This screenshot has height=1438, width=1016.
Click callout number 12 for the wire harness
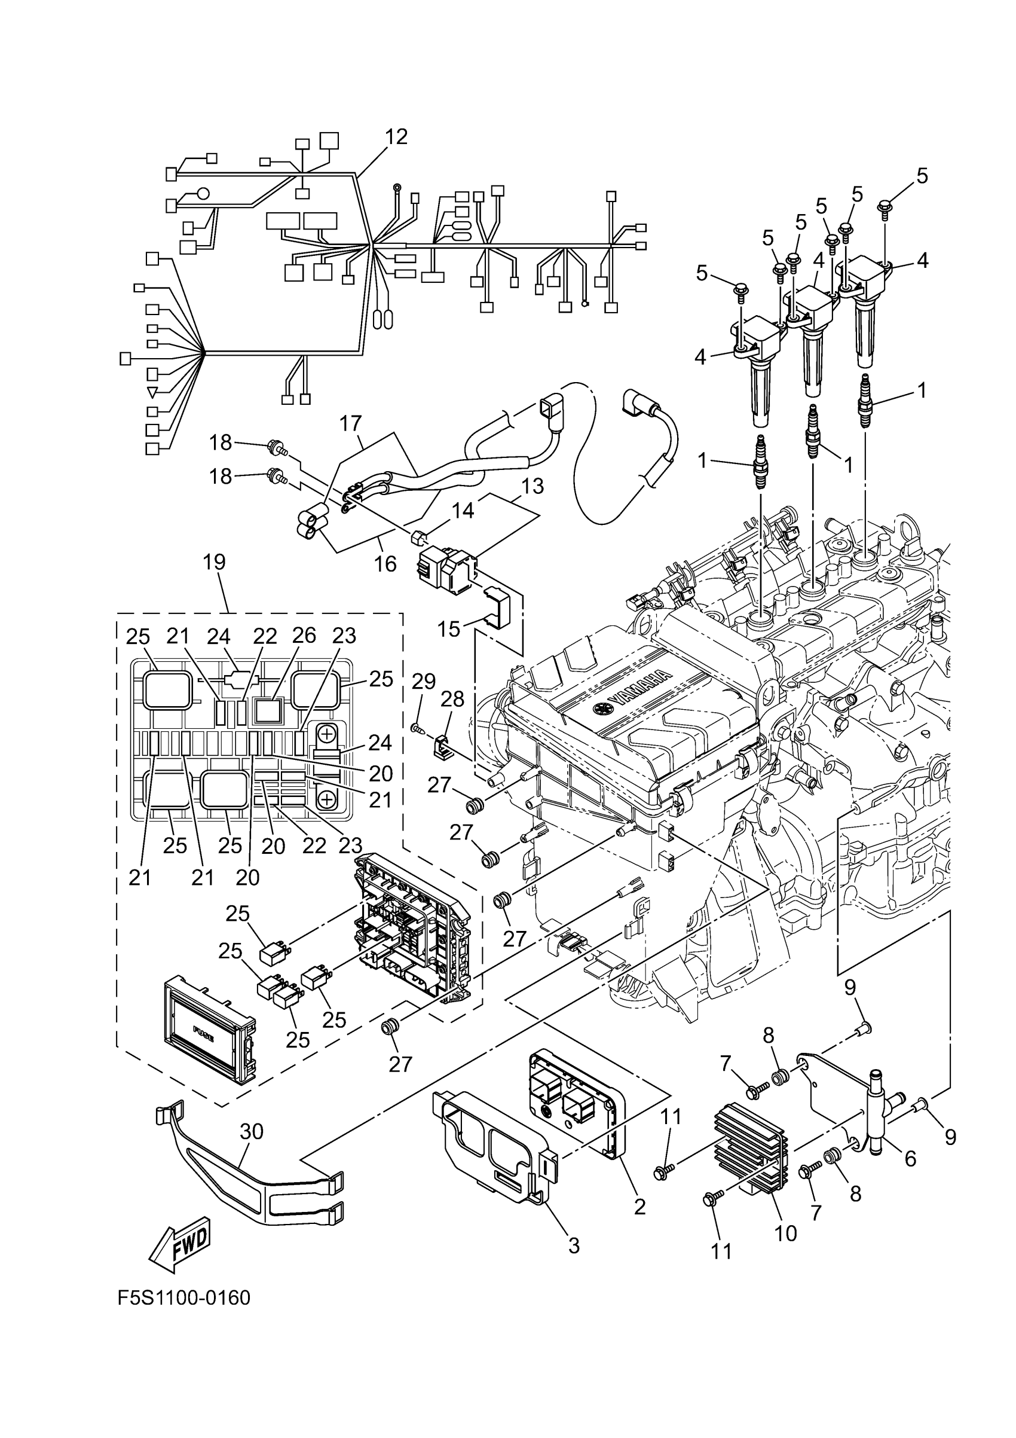coord(396,136)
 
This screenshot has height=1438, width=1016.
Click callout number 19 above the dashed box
coord(214,562)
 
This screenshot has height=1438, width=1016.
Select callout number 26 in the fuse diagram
coord(304,636)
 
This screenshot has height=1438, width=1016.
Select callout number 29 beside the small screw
coord(424,682)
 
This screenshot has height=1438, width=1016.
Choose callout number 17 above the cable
coord(351,424)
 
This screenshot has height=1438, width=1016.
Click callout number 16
coord(385,564)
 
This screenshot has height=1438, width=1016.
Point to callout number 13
coord(532,486)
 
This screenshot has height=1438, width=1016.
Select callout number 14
coord(463,511)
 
